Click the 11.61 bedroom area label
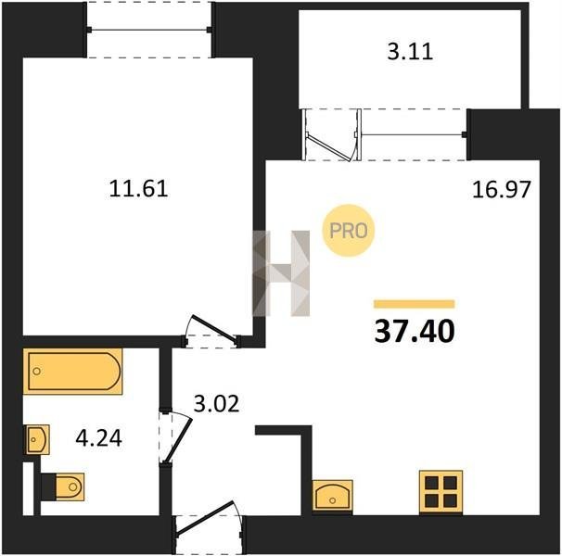[138, 188]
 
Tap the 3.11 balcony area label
[410, 51]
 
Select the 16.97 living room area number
[501, 190]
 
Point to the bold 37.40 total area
[415, 331]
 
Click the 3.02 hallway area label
[216, 404]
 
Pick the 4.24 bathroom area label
[98, 437]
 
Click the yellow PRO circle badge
[348, 231]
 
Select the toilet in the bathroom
[63, 486]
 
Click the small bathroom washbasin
[36, 439]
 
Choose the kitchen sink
[333, 495]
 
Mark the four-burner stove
[441, 491]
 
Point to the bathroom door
[175, 437]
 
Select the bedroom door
[211, 331]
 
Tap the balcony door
[331, 135]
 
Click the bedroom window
[149, 30]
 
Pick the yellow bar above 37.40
[415, 304]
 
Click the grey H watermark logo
[281, 273]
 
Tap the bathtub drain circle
[36, 372]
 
